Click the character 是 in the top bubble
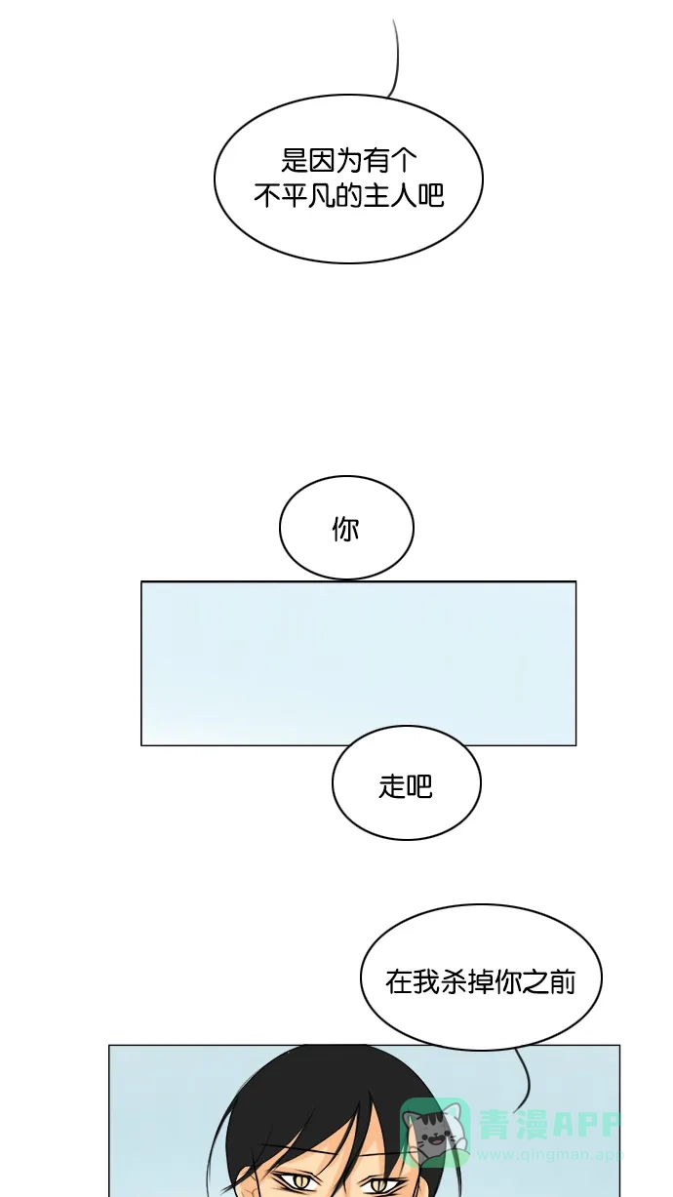(295, 160)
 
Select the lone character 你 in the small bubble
(346, 529)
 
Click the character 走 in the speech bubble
(391, 786)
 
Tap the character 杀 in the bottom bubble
(453, 982)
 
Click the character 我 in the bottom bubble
(425, 982)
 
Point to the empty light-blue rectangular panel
(358, 663)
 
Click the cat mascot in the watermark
(434, 1132)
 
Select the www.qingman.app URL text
(550, 1154)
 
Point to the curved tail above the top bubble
(396, 59)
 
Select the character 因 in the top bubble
(322, 160)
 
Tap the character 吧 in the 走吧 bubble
(419, 786)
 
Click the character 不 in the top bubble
(266, 195)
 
